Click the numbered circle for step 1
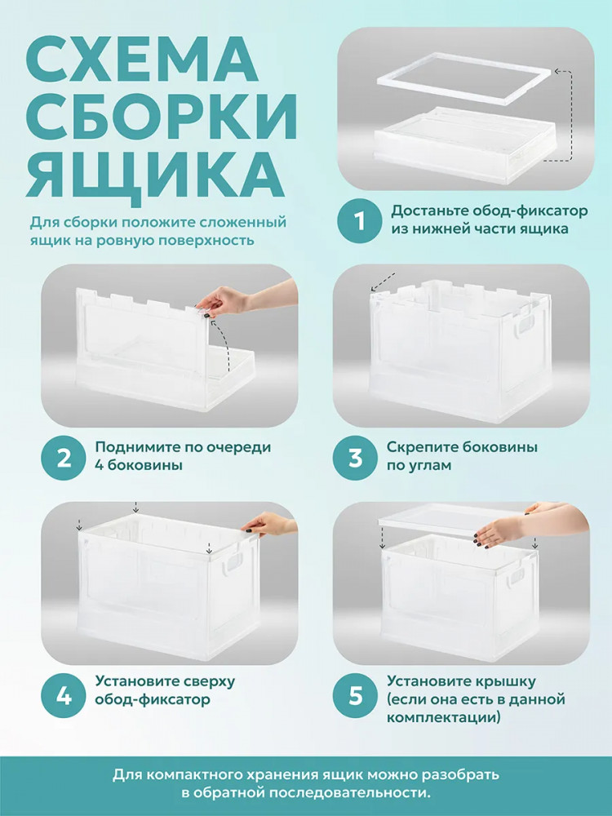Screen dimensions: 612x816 360,220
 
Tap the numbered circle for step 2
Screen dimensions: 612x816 64,457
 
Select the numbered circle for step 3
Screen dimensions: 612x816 356,457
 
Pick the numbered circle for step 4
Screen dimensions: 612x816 64,695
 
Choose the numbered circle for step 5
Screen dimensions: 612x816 356,695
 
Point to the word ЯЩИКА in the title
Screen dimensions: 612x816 155,172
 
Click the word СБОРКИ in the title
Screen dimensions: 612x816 162,116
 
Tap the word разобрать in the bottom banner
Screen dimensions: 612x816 460,775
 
